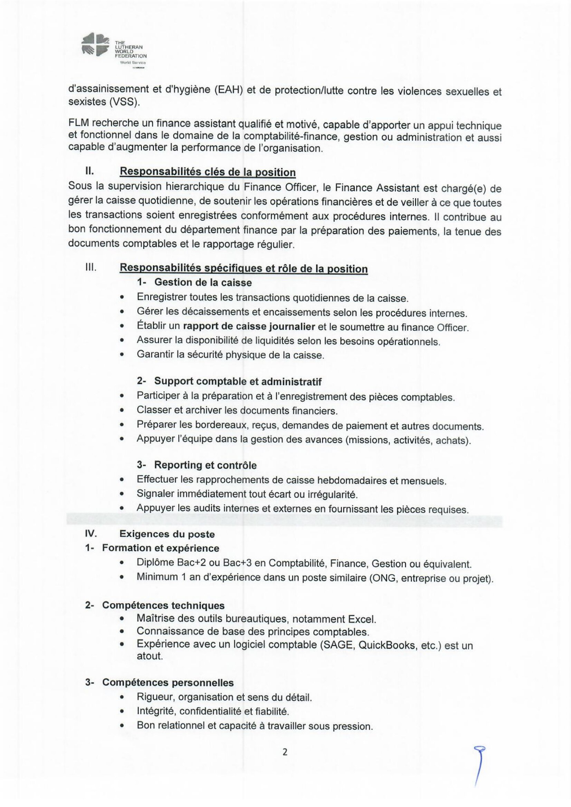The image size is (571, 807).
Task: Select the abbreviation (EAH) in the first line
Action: click(x=229, y=90)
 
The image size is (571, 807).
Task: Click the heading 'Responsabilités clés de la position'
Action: click(x=208, y=172)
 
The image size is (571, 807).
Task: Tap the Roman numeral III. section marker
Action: click(x=91, y=267)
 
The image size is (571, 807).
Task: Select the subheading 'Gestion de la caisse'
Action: click(x=203, y=282)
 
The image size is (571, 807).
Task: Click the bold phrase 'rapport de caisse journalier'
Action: click(x=249, y=326)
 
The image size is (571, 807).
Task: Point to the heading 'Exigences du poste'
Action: click(x=167, y=534)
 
